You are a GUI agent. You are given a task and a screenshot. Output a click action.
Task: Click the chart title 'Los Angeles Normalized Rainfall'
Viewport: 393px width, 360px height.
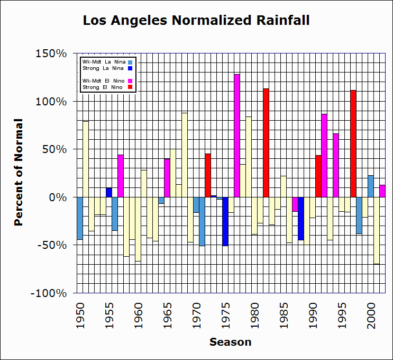tap(196, 21)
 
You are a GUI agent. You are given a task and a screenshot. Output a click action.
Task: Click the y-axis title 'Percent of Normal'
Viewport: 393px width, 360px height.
tap(19, 173)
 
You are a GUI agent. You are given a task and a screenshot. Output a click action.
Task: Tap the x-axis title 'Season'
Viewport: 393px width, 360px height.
tap(230, 342)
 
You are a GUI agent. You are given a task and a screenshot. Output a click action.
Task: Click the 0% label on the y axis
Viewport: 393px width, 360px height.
tap(59, 197)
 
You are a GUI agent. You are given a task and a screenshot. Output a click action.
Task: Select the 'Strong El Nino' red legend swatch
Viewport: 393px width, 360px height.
tap(130, 87)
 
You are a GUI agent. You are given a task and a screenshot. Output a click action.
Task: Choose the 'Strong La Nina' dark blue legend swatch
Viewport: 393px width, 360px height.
tap(130, 68)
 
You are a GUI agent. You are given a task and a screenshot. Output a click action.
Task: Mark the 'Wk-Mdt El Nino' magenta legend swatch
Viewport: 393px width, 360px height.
tap(130, 81)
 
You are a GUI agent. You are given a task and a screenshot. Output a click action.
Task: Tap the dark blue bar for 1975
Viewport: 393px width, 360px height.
tap(225, 221)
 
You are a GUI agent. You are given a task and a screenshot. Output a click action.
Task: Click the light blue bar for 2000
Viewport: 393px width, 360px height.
tap(371, 186)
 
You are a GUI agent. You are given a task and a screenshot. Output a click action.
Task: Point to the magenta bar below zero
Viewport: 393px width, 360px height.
tap(295, 204)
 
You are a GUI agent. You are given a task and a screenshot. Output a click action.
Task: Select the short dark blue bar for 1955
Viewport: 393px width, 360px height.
tap(109, 192)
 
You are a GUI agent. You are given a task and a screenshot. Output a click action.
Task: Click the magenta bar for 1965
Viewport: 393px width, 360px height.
tap(167, 178)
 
